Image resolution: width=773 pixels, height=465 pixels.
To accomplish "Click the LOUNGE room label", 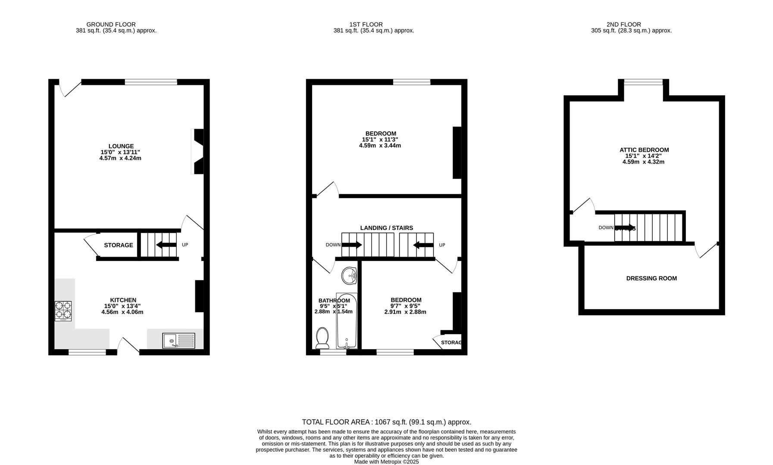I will (121, 146).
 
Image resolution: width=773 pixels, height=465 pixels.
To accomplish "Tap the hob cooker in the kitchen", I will (63, 310).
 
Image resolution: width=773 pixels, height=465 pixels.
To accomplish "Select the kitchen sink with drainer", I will (179, 341).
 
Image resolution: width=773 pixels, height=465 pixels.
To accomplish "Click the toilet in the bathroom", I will (322, 338).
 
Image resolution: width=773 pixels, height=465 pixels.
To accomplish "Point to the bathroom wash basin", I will (349, 276).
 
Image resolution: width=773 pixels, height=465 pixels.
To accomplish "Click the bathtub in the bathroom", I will (347, 321).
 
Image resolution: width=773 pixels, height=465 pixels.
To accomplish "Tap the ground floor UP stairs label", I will (185, 245).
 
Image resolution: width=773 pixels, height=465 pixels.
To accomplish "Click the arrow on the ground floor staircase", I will (166, 245).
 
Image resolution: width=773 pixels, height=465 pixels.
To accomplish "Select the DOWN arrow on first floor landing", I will (352, 245).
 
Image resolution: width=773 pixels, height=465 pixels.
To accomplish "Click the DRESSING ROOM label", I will (651, 279).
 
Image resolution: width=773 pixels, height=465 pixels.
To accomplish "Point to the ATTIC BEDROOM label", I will (644, 150).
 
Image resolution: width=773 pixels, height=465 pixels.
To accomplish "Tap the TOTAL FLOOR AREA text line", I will (386, 422).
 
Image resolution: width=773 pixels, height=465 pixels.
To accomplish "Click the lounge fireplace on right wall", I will (198, 152).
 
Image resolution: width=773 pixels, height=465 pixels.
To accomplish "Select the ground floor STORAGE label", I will (119, 245).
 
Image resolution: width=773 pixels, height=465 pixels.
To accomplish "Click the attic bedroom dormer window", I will (643, 82).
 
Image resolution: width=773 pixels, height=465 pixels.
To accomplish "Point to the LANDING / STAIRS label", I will (386, 228).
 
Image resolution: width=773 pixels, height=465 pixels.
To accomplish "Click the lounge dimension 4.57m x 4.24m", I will (120, 158).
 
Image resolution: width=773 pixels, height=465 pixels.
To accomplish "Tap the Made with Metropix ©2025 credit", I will (386, 462).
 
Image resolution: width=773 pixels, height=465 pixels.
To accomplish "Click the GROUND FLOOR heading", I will (111, 25).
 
